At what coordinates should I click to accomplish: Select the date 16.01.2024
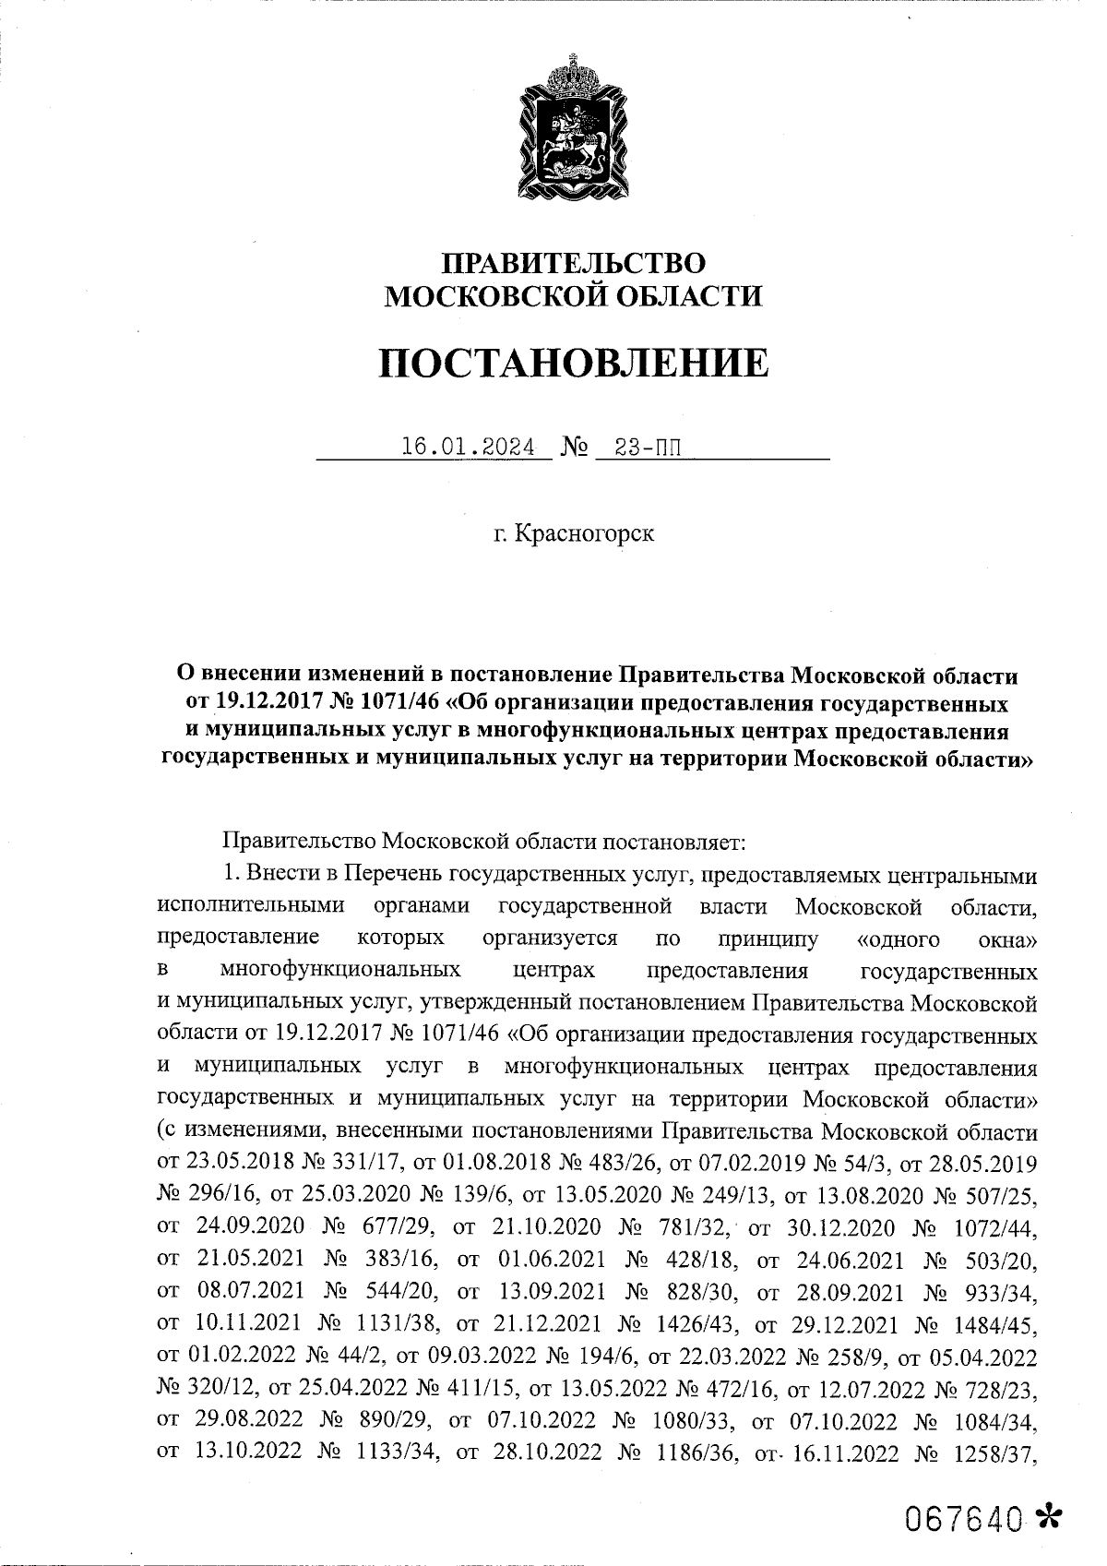(469, 448)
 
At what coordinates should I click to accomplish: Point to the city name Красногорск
(586, 533)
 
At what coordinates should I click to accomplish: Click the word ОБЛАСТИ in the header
(684, 297)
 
